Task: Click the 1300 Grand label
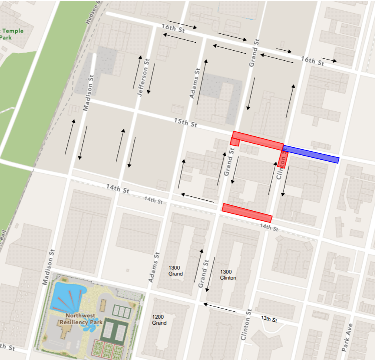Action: click(175, 271)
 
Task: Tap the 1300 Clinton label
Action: click(228, 275)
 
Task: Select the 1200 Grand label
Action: click(159, 320)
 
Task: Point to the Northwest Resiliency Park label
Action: click(81, 319)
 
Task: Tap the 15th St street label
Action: click(185, 123)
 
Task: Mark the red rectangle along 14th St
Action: click(247, 213)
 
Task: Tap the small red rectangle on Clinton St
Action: click(282, 158)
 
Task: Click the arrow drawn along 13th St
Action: click(220, 308)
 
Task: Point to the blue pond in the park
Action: click(67, 295)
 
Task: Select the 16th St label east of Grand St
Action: click(312, 61)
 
